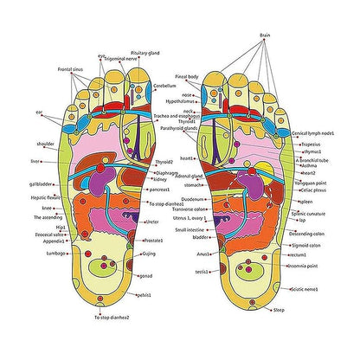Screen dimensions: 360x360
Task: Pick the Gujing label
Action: click(149, 254)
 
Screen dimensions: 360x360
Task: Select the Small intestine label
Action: click(190, 229)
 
